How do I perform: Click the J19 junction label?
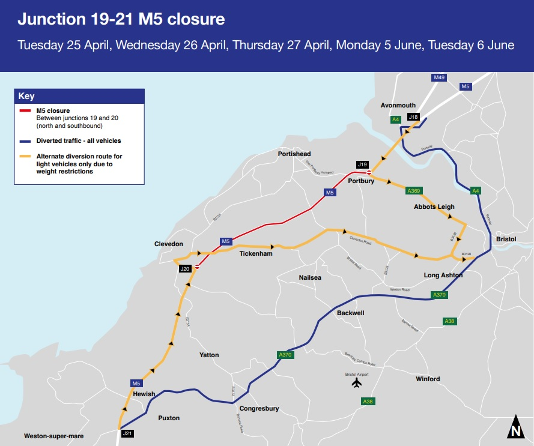click(x=362, y=164)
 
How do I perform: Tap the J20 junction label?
click(x=185, y=269)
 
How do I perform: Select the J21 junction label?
click(x=127, y=433)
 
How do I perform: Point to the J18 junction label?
click(x=413, y=117)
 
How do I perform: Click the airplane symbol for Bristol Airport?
click(x=357, y=382)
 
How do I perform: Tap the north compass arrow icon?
click(x=515, y=427)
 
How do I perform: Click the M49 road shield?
click(x=440, y=78)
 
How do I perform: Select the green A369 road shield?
click(x=414, y=191)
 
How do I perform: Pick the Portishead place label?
click(x=294, y=154)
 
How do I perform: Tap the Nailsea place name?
click(x=311, y=278)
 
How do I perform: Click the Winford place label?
click(x=428, y=379)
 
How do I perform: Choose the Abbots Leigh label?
click(x=434, y=206)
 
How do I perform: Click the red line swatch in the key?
click(x=26, y=111)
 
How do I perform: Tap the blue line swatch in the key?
click(x=26, y=141)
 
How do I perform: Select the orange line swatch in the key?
click(x=26, y=157)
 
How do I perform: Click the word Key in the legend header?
click(x=26, y=96)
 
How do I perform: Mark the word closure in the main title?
click(x=196, y=19)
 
